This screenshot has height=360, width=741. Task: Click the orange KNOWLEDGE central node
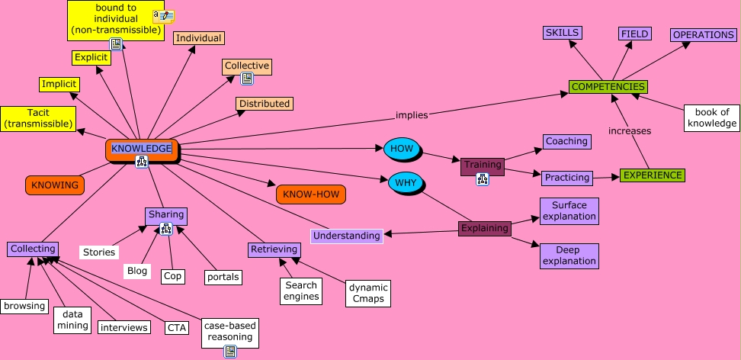point(142,149)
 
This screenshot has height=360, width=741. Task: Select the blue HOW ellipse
point(402,149)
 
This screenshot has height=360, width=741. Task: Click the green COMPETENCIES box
point(608,87)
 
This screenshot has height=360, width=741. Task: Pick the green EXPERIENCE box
point(652,175)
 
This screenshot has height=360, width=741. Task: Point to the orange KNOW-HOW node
point(311,194)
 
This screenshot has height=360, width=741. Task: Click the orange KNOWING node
point(55,185)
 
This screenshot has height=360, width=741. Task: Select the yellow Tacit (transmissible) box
point(38,118)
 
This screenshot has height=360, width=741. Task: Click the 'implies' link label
point(412,115)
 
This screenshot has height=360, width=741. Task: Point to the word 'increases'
point(629,130)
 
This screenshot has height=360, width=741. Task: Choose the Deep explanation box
point(569,256)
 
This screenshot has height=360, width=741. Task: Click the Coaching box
point(566,141)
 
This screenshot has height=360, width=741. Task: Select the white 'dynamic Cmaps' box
point(368,293)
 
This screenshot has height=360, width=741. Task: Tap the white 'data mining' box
point(72,320)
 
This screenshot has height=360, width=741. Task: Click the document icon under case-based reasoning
point(230,351)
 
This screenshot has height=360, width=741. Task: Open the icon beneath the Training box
point(483,179)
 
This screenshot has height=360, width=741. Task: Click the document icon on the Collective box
point(246,79)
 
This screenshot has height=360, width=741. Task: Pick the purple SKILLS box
point(563,32)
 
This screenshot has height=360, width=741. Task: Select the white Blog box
point(137,271)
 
